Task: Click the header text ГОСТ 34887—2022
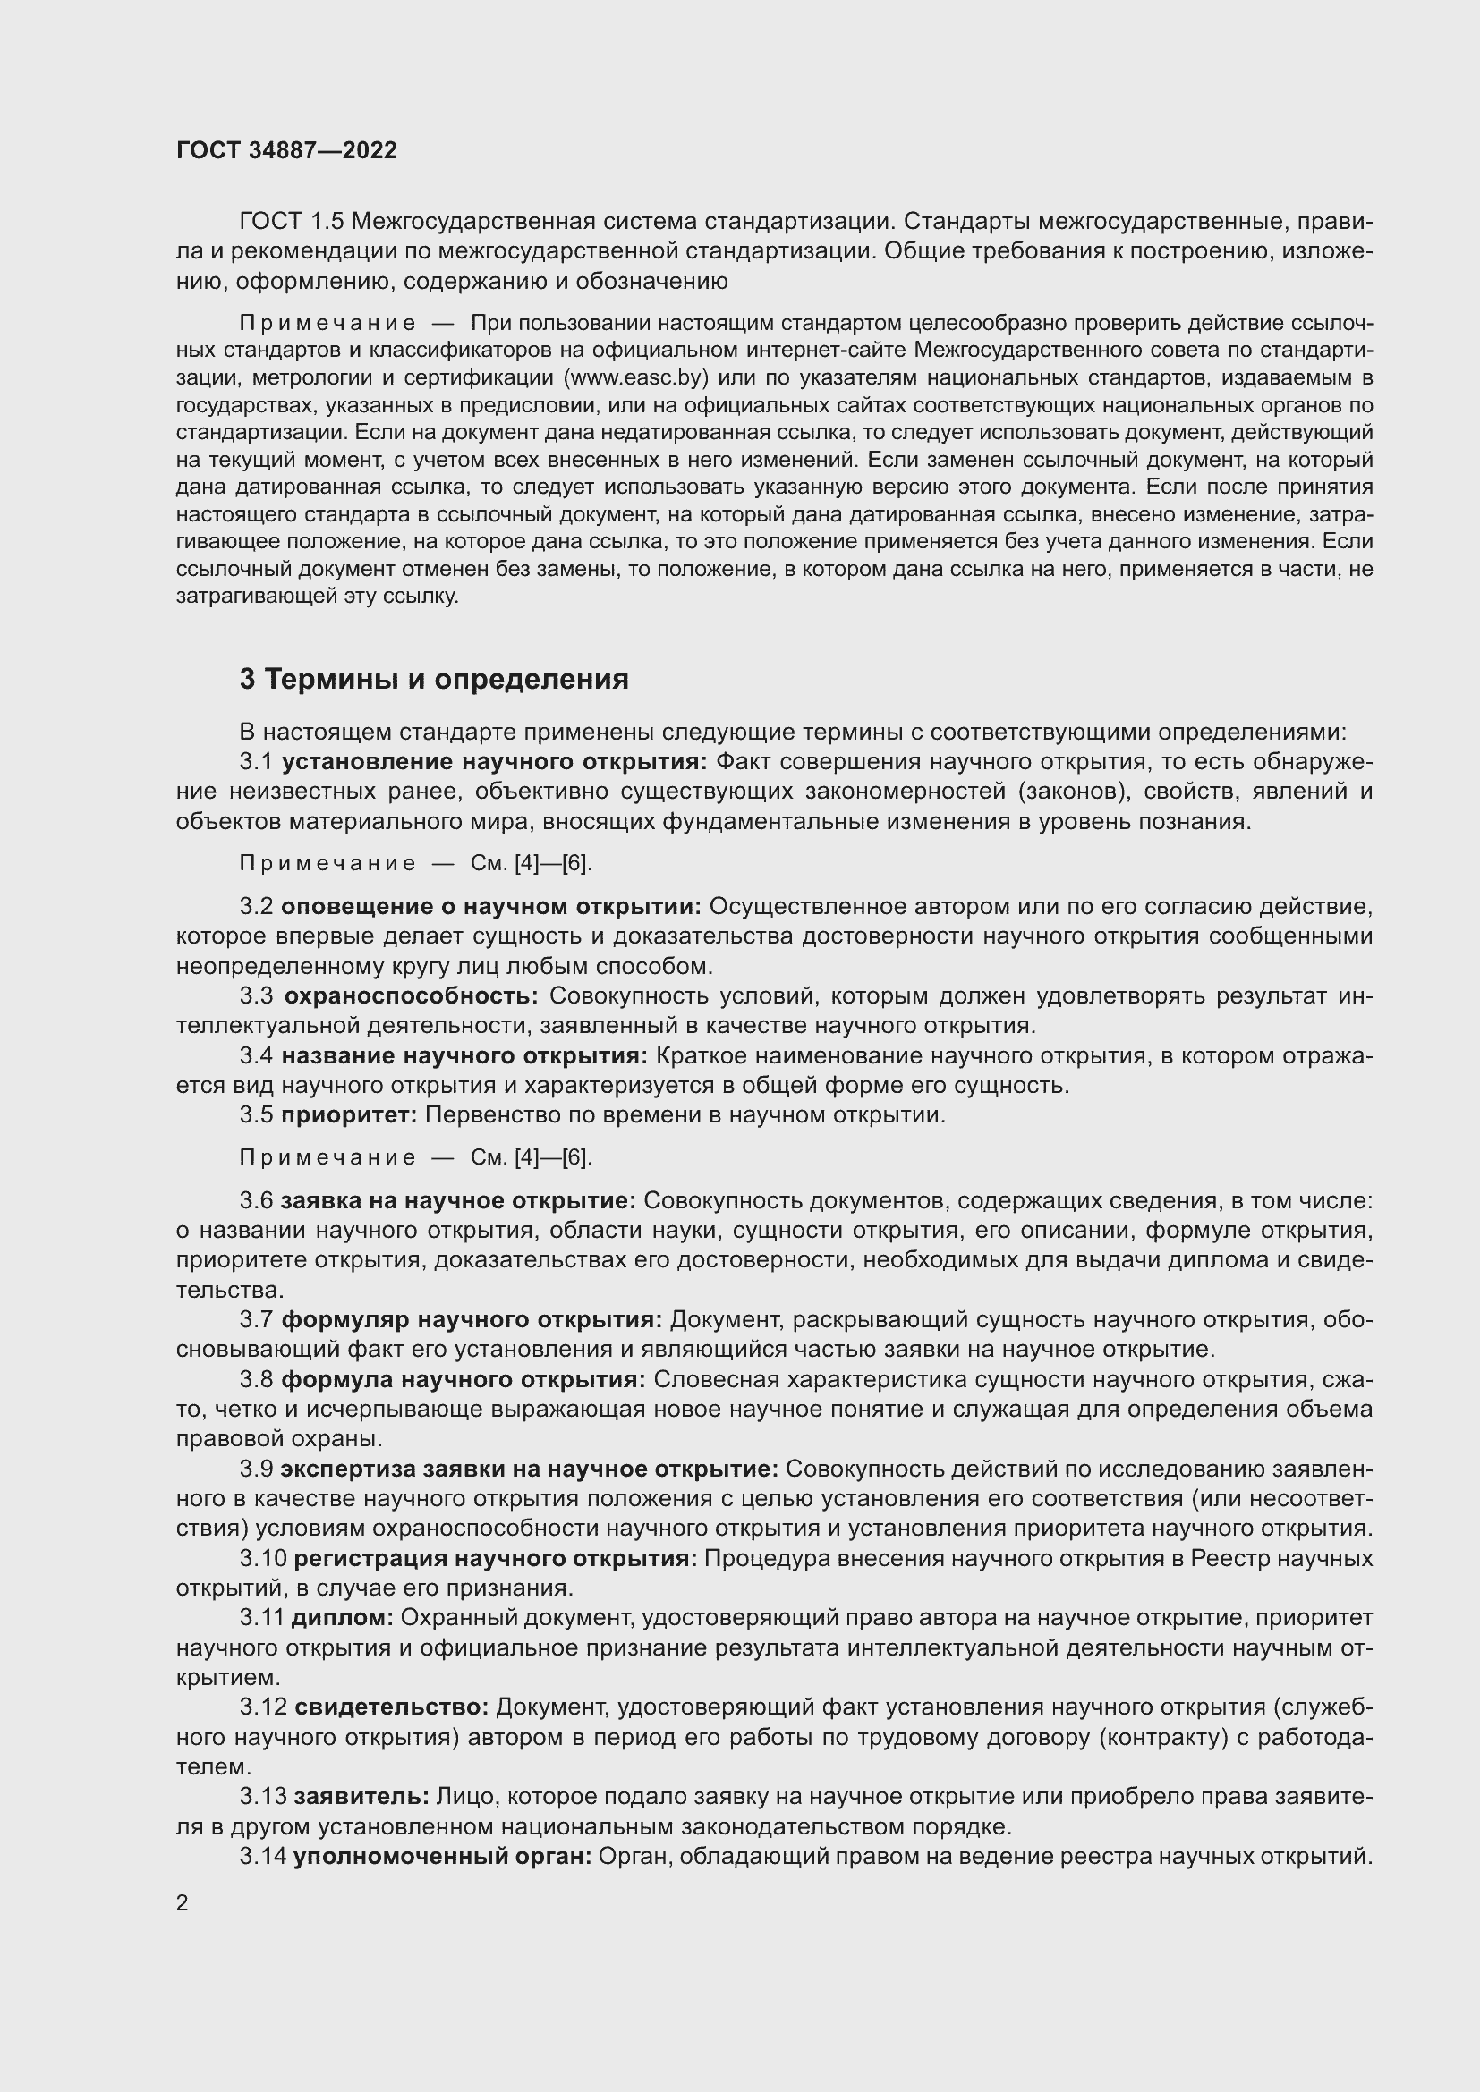286,150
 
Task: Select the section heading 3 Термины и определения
434,679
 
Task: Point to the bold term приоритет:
349,1114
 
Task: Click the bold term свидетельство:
392,1707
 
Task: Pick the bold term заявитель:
361,1796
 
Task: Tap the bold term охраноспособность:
411,995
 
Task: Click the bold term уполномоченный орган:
443,1856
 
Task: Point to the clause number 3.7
256,1319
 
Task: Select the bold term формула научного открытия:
463,1379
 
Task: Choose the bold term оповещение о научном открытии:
491,907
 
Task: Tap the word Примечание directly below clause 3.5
327,1157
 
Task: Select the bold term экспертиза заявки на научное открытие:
529,1469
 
